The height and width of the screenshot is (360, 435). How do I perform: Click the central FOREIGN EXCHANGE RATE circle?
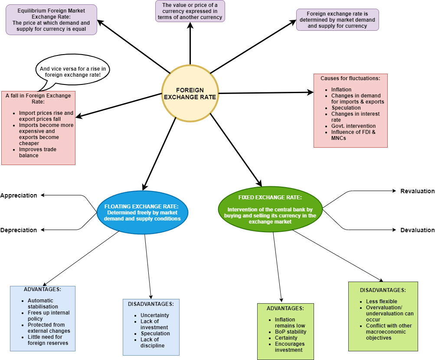click(x=190, y=94)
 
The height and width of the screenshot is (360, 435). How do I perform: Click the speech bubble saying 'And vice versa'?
click(x=73, y=71)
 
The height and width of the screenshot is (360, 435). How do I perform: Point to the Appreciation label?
click(x=19, y=195)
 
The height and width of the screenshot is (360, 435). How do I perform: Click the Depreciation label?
click(x=19, y=230)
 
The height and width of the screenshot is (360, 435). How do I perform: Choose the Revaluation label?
click(x=417, y=191)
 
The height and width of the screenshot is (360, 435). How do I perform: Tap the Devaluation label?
click(x=417, y=230)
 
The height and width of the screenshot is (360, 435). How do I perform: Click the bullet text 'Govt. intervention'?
click(x=353, y=126)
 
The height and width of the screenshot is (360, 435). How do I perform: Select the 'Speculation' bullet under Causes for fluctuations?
click(x=346, y=108)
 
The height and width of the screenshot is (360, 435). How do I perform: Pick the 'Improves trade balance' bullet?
click(x=38, y=152)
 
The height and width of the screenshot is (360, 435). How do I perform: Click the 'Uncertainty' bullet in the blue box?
click(x=155, y=315)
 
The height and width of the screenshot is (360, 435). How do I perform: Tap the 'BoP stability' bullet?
click(x=291, y=332)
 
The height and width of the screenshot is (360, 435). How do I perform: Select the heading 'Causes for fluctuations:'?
click(x=350, y=78)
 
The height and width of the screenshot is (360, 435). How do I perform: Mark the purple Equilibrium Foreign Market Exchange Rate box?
click(x=51, y=19)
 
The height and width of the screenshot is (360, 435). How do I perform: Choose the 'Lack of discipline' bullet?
click(x=152, y=343)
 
